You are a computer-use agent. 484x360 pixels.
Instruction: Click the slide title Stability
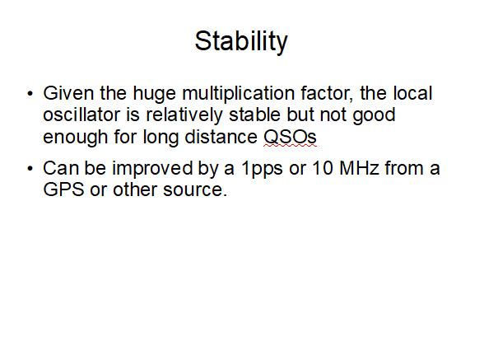click(241, 42)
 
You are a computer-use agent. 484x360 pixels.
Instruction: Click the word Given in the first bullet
click(68, 93)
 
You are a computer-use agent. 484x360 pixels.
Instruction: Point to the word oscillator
click(81, 115)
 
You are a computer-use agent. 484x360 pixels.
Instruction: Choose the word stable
click(254, 115)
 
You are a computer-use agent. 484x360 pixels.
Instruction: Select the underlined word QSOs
click(290, 136)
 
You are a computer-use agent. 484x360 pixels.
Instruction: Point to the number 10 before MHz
click(323, 168)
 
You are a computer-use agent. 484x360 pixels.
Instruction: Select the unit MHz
click(359, 168)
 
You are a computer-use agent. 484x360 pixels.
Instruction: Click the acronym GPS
click(63, 189)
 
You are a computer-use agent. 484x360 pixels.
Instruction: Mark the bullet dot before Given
click(30, 93)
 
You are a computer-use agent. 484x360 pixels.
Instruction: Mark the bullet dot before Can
click(30, 168)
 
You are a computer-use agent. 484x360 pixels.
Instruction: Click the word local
click(412, 93)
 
